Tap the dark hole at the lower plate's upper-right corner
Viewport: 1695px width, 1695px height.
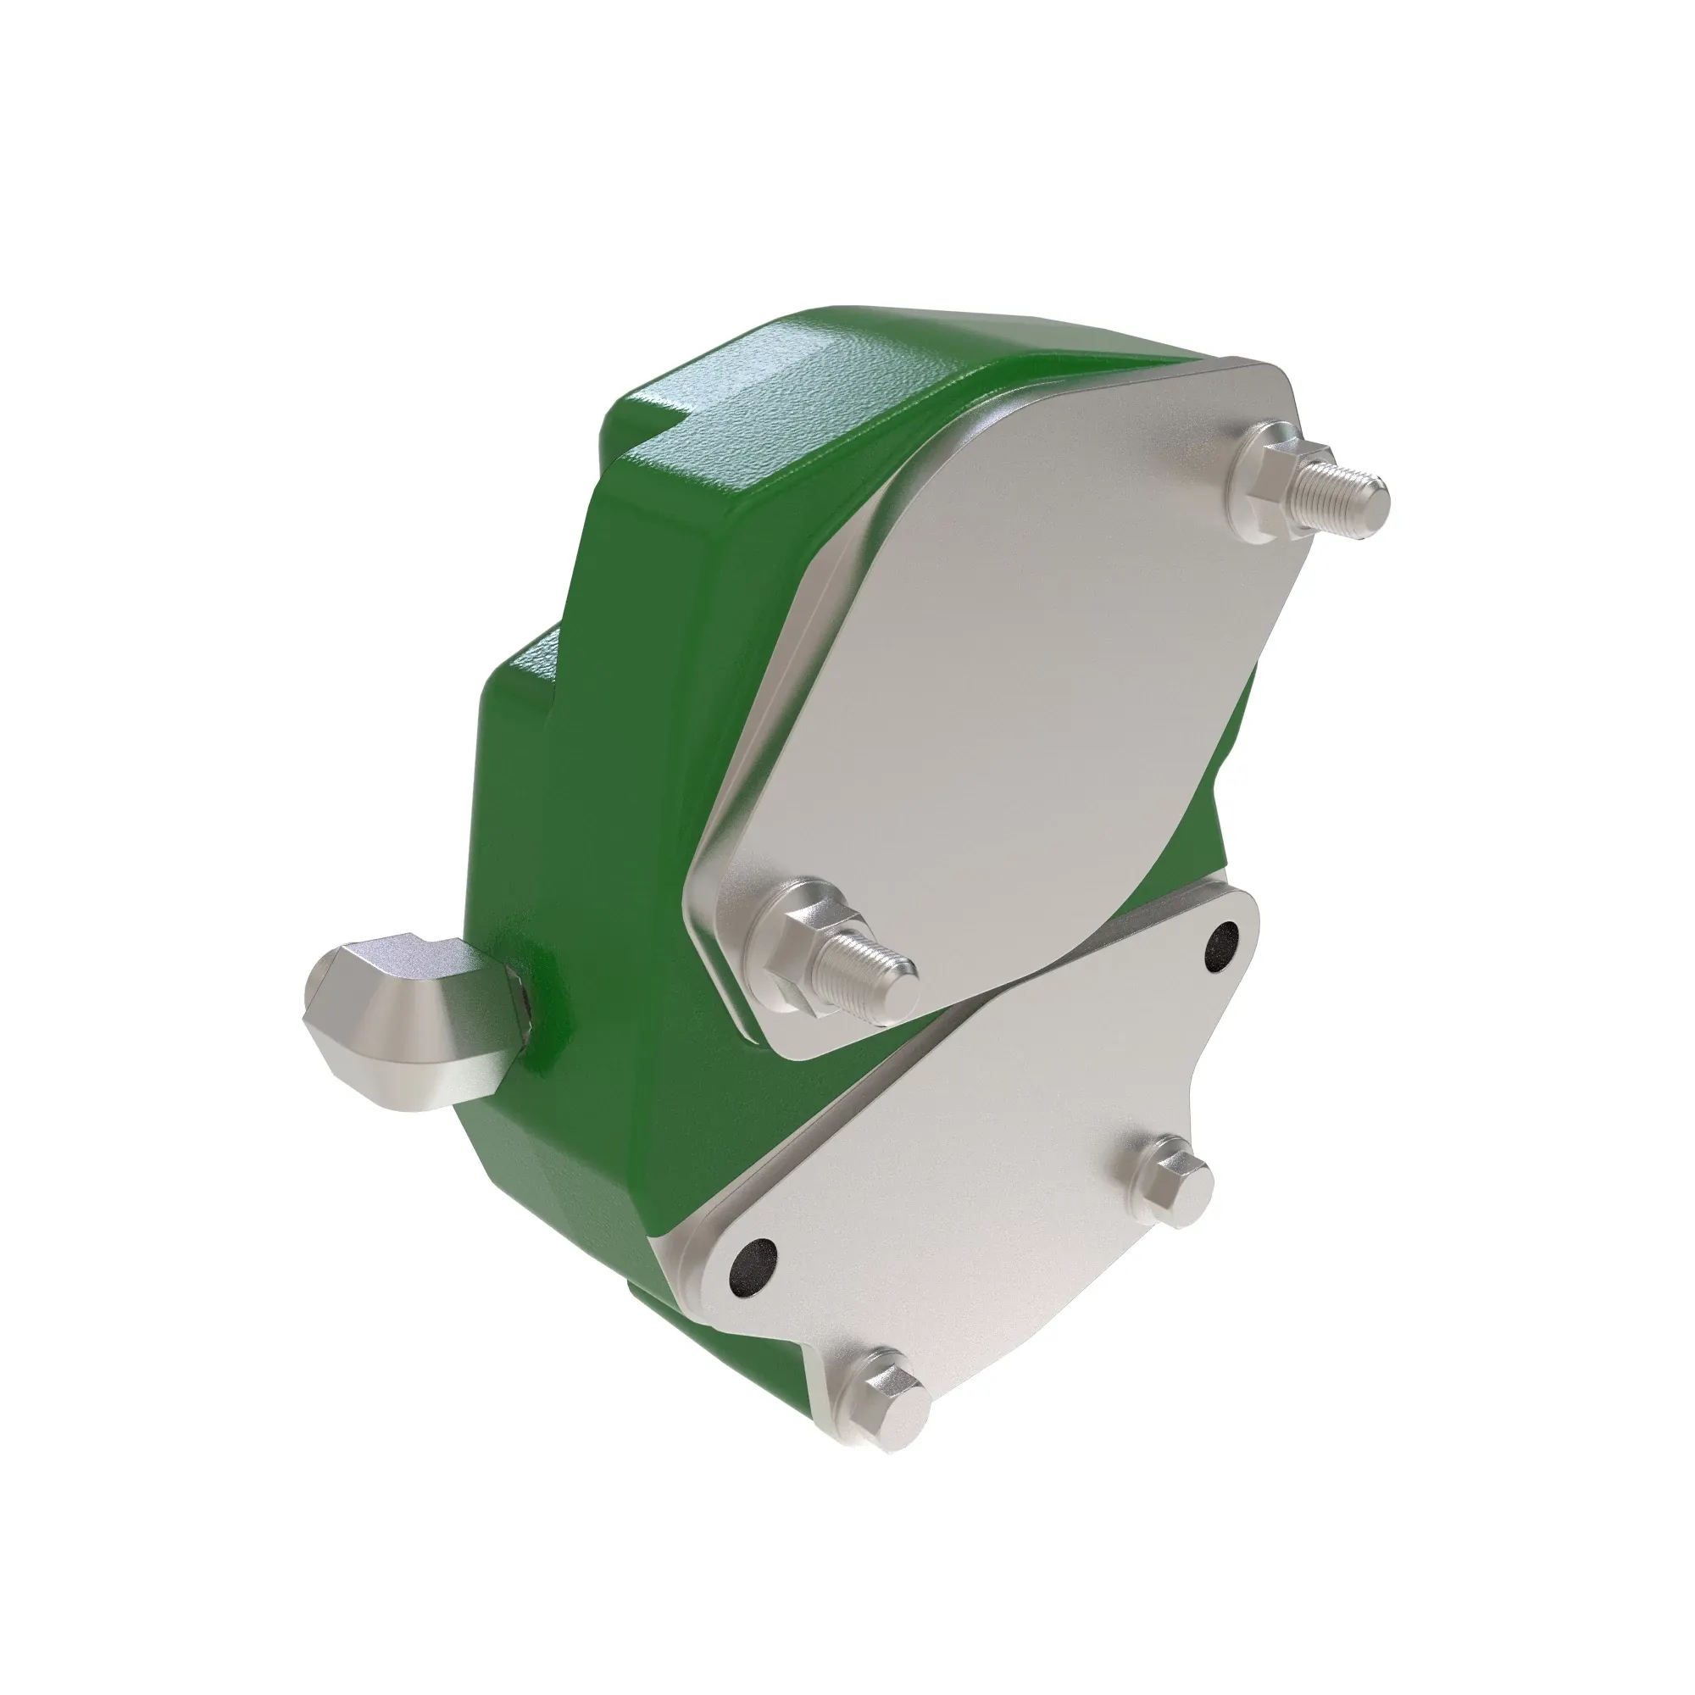point(1222,945)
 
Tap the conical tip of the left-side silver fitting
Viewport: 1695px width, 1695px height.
point(329,1022)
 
